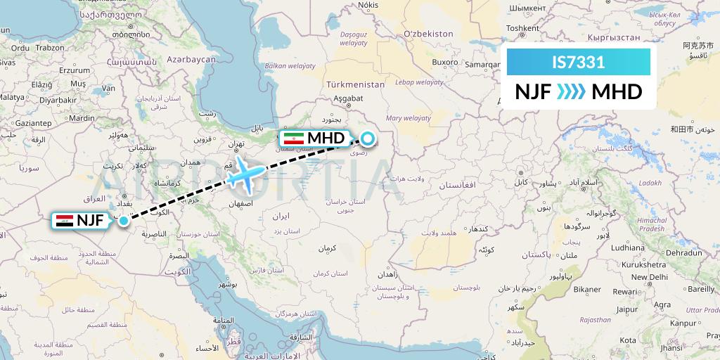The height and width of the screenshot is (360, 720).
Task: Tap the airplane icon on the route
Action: pos(246,173)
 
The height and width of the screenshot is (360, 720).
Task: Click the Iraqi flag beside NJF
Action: pos(65,221)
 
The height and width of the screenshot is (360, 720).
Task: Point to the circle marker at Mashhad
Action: pos(367,138)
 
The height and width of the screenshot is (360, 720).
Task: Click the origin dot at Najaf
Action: pos(124,221)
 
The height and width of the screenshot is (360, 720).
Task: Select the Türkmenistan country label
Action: pos(356,84)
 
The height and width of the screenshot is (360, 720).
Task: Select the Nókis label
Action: pos(368,5)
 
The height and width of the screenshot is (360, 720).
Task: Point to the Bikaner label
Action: pos(588,289)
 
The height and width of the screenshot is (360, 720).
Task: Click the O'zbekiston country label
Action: pos(428,34)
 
